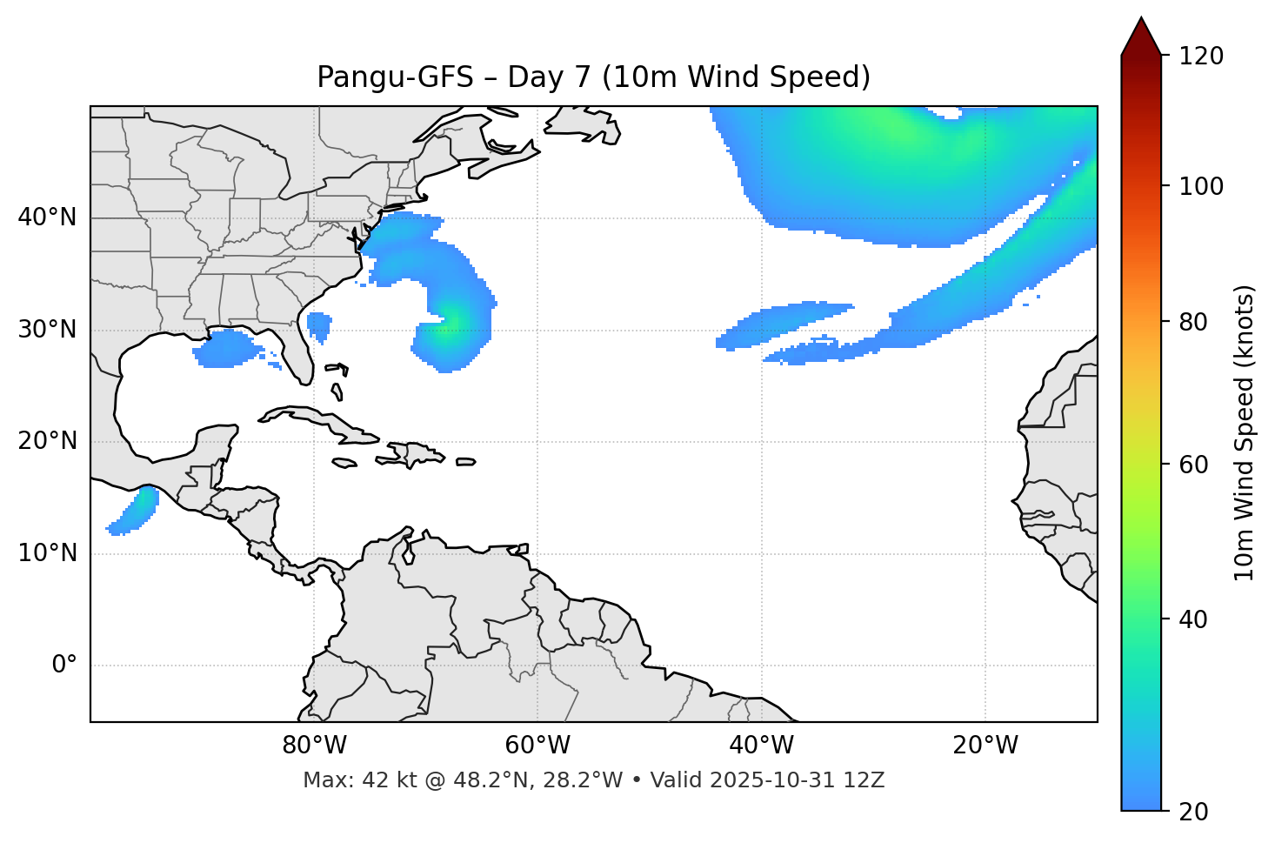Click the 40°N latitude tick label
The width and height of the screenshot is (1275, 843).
click(47, 217)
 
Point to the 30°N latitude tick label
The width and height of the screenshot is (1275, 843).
click(47, 330)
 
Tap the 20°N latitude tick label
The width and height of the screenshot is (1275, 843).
click(47, 441)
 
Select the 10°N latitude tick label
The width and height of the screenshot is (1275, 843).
click(47, 553)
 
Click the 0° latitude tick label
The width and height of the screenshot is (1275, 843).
click(64, 666)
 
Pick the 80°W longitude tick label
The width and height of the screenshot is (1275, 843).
click(314, 746)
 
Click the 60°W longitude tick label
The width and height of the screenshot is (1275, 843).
click(537, 746)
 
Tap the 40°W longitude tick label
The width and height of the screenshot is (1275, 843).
click(761, 746)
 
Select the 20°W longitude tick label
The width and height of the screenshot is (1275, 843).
click(985, 746)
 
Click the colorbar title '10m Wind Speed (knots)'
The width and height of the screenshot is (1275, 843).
click(1245, 432)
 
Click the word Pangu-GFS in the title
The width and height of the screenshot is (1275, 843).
click(395, 77)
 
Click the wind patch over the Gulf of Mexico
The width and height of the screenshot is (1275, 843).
click(228, 348)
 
